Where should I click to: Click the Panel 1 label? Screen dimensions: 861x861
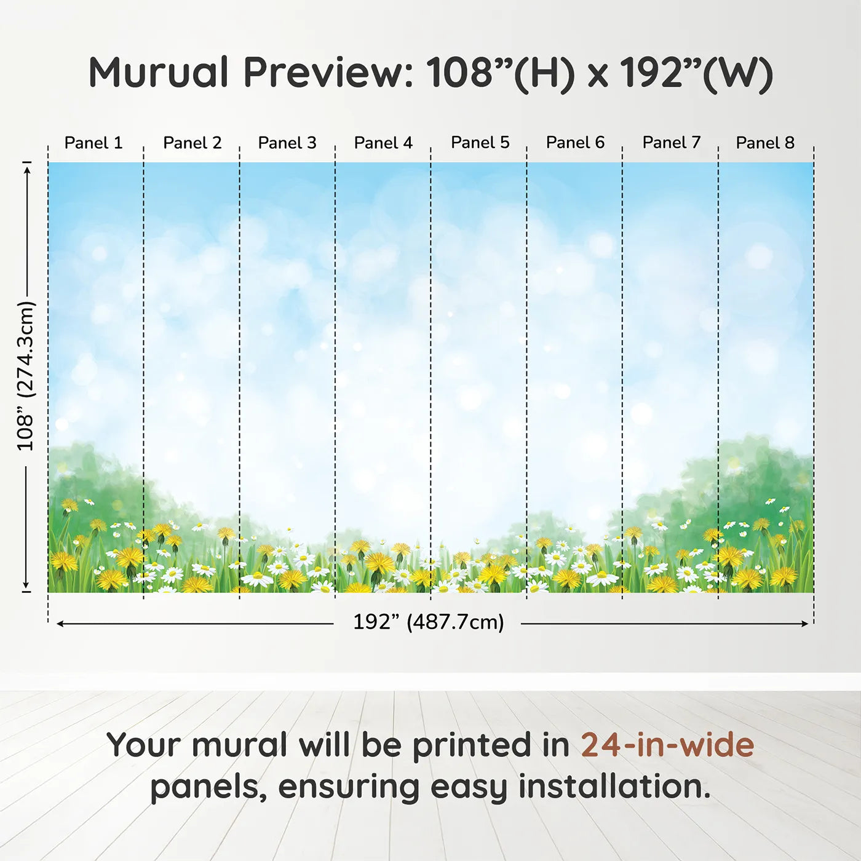(93, 143)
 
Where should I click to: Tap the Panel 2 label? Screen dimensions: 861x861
(192, 143)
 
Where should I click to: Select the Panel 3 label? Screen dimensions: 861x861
(287, 143)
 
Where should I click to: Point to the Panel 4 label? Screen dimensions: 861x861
(383, 143)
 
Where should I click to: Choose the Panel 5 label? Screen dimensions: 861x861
(480, 143)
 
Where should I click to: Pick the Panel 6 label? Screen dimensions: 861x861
(576, 143)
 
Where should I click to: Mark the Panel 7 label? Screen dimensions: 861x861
(672, 143)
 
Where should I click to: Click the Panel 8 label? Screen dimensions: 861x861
(766, 143)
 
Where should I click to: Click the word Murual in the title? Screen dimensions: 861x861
(159, 73)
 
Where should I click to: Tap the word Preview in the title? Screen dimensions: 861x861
(328, 73)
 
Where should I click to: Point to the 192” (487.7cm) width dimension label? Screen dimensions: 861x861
(429, 622)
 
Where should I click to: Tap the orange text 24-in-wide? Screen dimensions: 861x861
(667, 745)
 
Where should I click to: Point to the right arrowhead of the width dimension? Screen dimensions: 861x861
(805, 624)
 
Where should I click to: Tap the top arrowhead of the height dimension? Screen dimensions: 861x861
(27, 170)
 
